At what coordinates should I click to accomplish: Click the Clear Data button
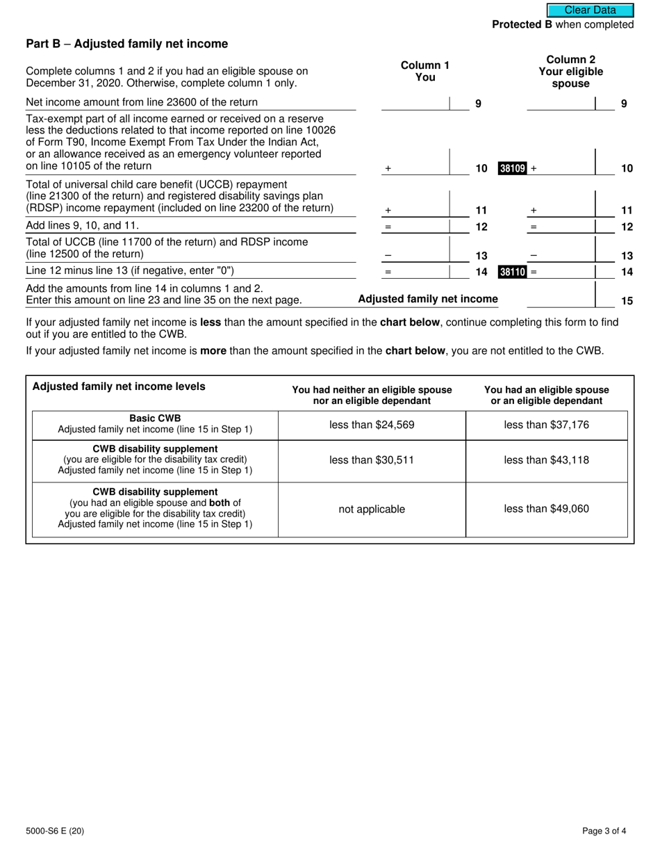tap(590, 10)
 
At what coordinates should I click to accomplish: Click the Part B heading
tap(126, 44)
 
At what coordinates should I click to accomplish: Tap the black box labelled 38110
tap(513, 272)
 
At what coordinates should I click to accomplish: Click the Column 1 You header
tap(424, 71)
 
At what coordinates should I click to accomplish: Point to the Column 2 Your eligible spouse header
tap(570, 72)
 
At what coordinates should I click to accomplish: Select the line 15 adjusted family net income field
tap(561, 299)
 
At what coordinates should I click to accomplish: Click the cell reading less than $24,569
tap(372, 425)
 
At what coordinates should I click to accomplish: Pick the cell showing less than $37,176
tap(546, 425)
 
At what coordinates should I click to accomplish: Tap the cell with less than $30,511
tap(372, 460)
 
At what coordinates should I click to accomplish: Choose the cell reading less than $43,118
tap(546, 460)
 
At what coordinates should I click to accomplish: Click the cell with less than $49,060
tap(546, 509)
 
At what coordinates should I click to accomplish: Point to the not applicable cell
tap(372, 509)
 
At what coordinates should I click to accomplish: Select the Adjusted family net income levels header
tap(119, 386)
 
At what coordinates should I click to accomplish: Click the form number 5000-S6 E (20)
tap(55, 830)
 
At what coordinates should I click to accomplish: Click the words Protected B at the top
tap(522, 24)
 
